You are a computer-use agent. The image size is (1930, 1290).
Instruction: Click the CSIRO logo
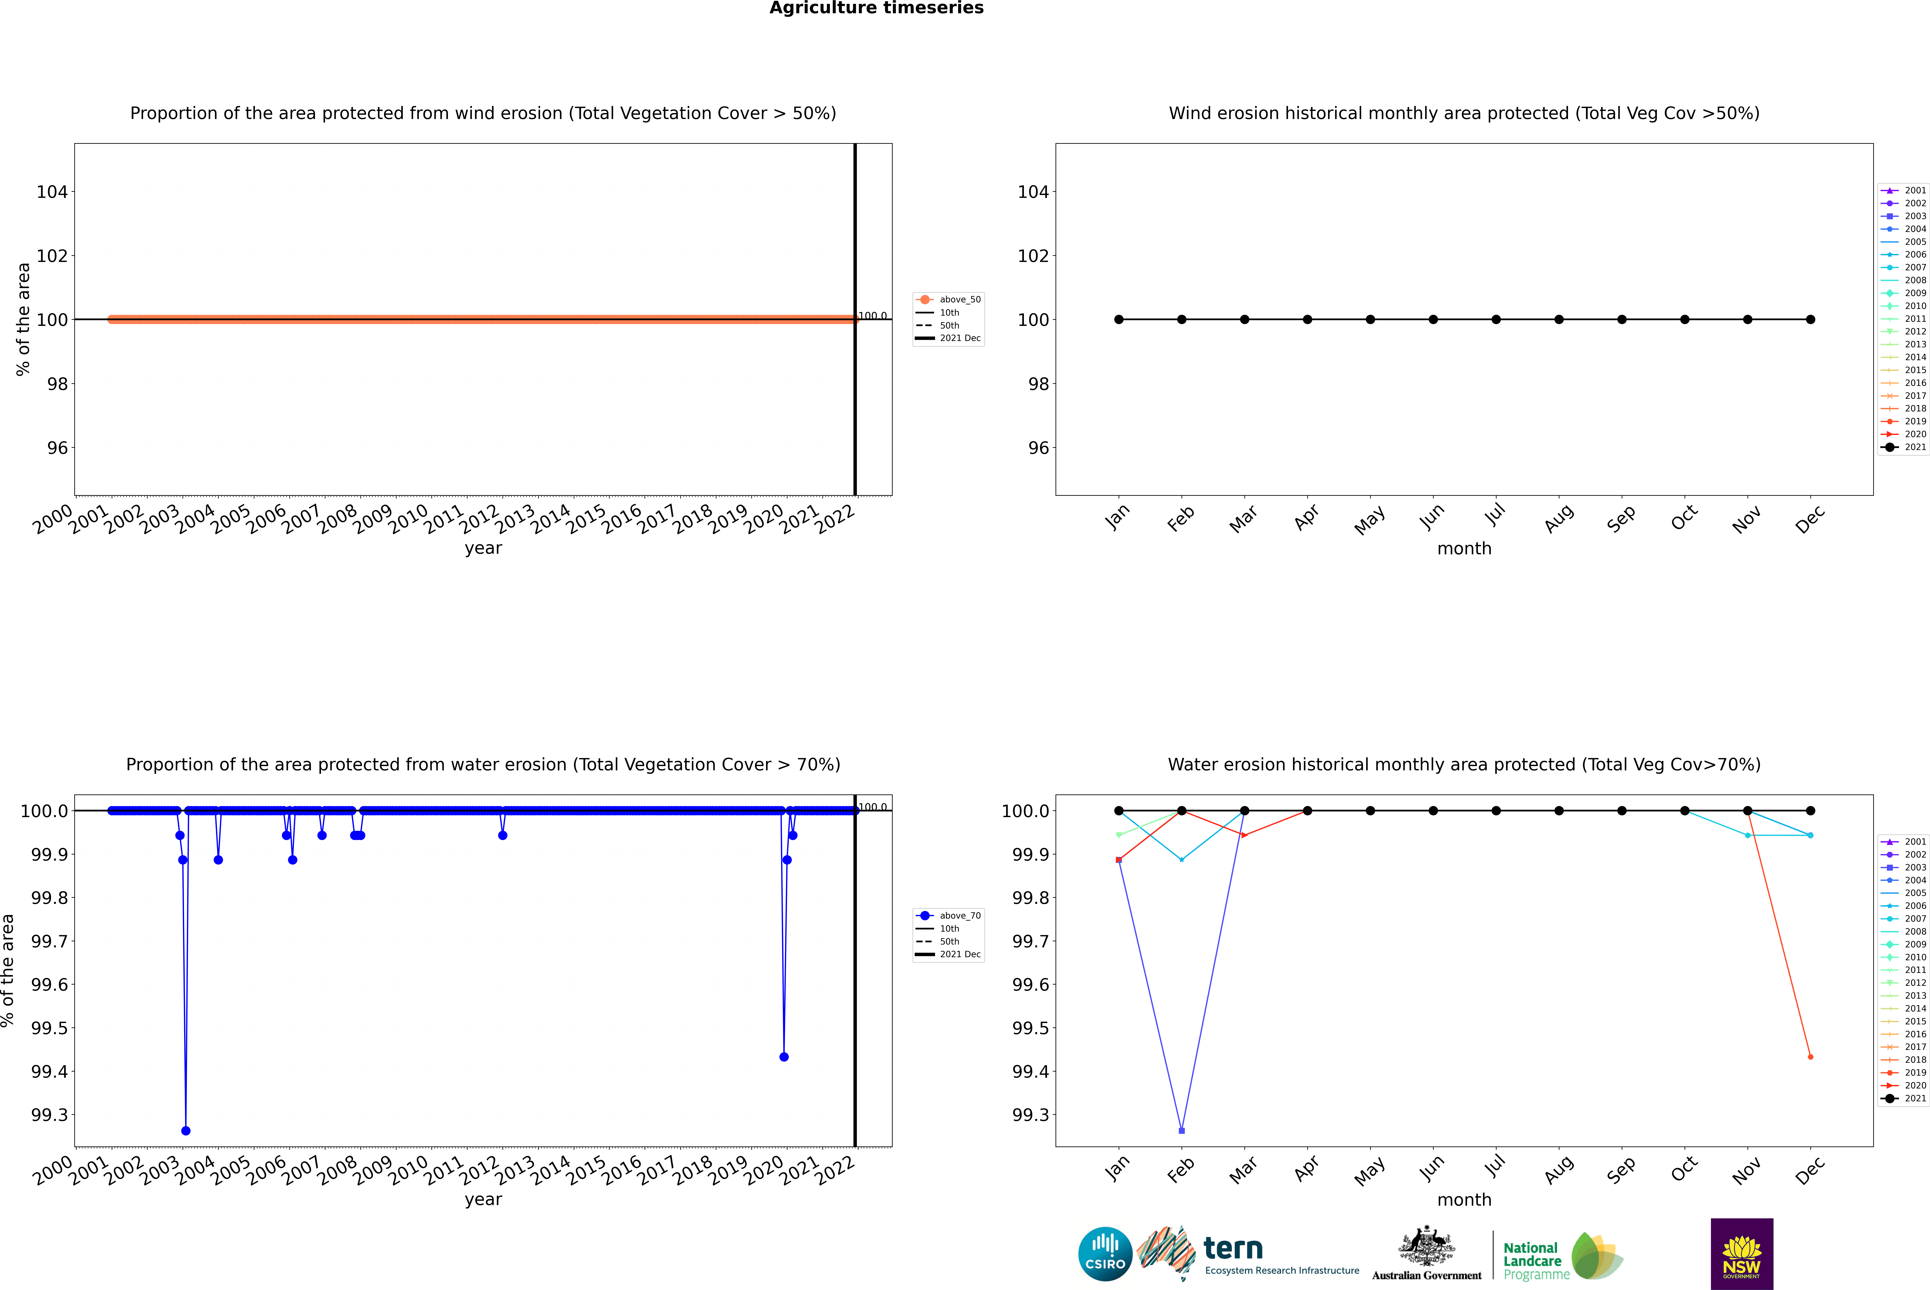(x=1105, y=1254)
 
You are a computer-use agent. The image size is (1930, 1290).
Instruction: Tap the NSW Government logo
(x=1742, y=1254)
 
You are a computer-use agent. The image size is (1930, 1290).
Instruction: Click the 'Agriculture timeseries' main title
(x=876, y=8)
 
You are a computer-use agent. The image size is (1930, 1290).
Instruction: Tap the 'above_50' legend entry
(x=959, y=300)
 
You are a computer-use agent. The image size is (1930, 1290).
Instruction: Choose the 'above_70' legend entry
(x=959, y=916)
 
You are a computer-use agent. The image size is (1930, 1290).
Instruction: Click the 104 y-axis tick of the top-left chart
(x=52, y=192)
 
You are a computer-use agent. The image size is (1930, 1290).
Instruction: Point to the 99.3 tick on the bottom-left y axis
(x=49, y=1115)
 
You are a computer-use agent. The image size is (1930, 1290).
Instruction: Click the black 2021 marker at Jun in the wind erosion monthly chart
(x=1433, y=319)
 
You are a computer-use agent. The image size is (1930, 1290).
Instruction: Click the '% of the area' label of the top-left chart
(x=23, y=319)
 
